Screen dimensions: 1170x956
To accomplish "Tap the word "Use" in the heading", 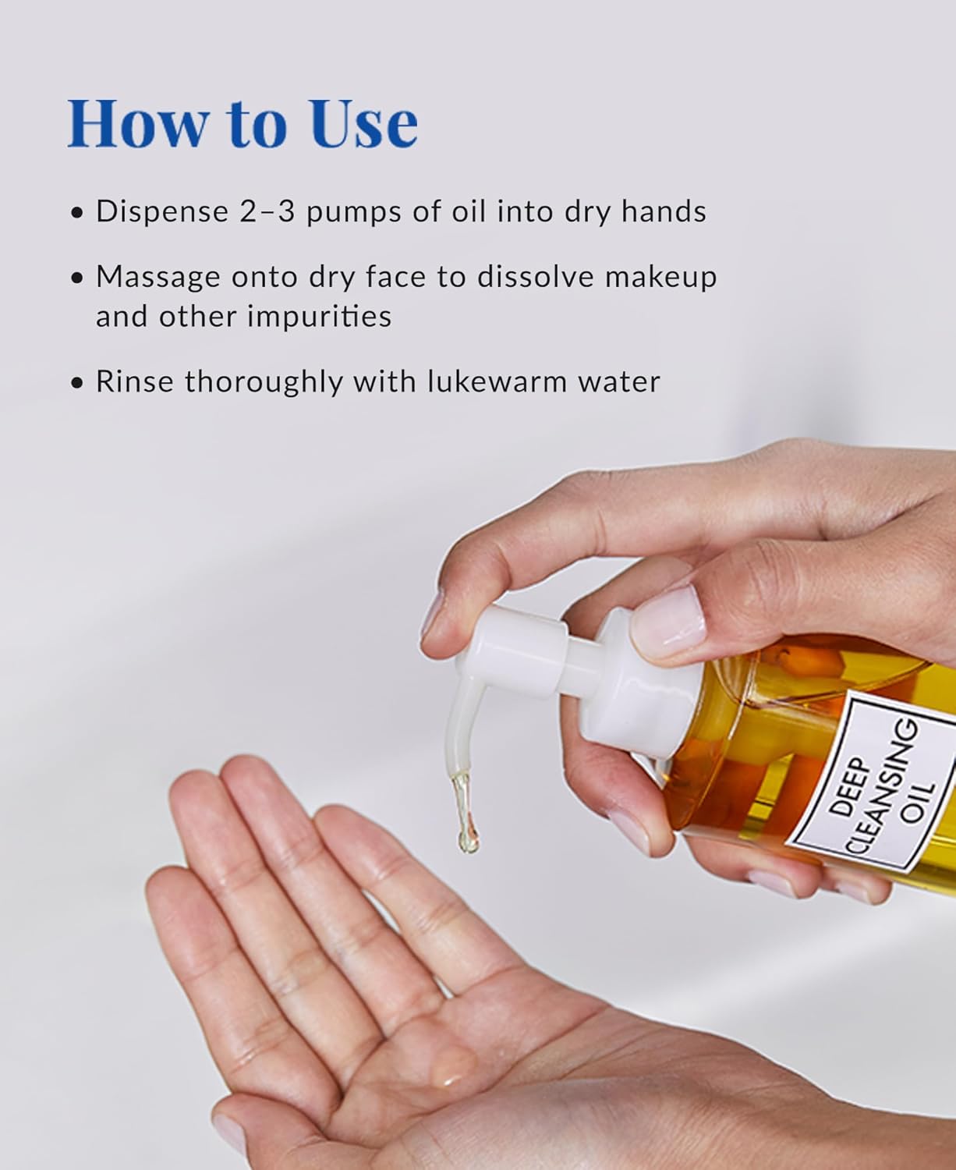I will tap(363, 123).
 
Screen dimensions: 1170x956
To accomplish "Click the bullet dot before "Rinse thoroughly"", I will tap(76, 383).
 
